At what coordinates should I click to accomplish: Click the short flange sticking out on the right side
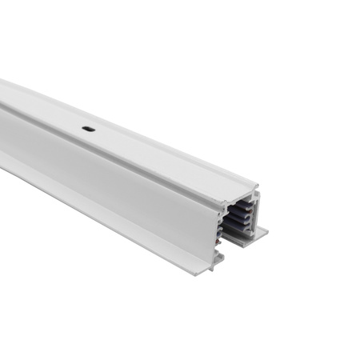[261, 233]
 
